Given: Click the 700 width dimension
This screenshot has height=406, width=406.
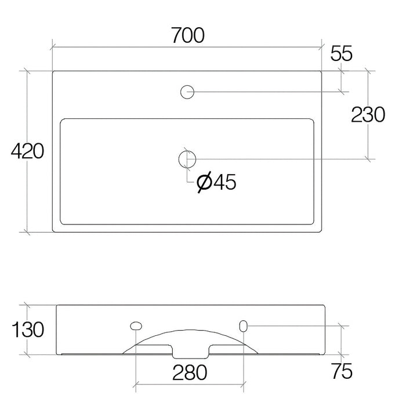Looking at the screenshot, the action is pyautogui.click(x=188, y=35).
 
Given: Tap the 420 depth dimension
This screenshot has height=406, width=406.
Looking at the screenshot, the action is pyautogui.click(x=27, y=151).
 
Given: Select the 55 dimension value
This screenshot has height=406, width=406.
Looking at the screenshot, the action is pyautogui.click(x=341, y=53).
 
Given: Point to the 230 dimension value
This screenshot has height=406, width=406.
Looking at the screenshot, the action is pyautogui.click(x=368, y=114).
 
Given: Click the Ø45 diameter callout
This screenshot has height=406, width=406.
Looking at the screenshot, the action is pyautogui.click(x=216, y=182).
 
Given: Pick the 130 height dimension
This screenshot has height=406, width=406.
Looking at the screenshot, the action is pyautogui.click(x=28, y=329).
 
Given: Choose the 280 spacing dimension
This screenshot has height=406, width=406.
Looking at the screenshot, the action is pyautogui.click(x=190, y=372).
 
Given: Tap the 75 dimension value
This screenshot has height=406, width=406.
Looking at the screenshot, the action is pyautogui.click(x=342, y=371).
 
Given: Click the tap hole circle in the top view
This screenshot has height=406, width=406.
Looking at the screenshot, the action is pyautogui.click(x=187, y=92).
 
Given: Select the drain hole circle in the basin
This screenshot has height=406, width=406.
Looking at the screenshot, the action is pyautogui.click(x=187, y=159).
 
